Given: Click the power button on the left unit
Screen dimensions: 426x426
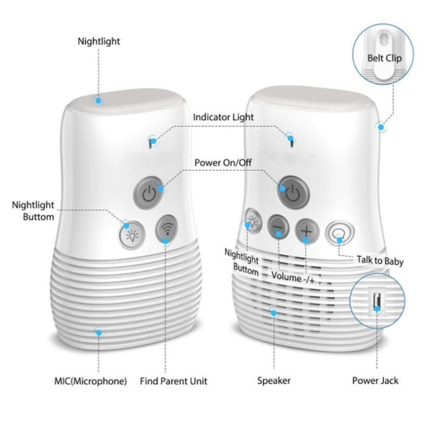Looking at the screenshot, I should coord(149,192).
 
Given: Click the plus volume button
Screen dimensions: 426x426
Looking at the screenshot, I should coord(307,231).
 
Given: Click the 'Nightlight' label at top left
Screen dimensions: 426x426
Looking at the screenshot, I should coord(99,41).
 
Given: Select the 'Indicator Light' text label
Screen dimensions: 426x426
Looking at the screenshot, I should coord(223,117).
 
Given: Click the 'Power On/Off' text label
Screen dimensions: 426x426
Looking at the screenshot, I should coord(223,162).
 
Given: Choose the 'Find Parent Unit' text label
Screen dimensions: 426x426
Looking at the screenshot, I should coord(174,381).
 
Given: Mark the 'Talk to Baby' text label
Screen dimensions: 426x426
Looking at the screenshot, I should coord(380,262).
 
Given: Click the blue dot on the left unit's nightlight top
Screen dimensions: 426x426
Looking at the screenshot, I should coord(98,100).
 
